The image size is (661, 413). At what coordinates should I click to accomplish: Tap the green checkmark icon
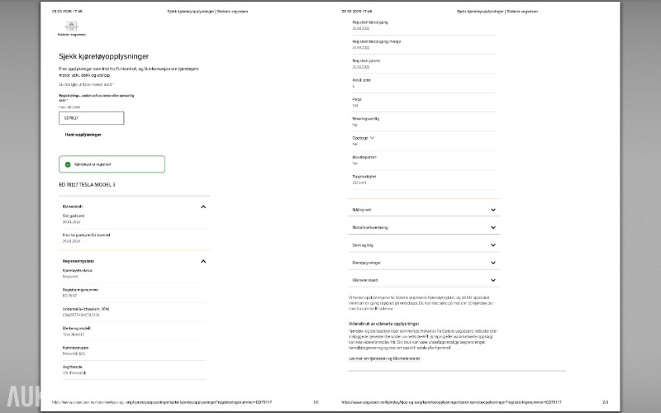pos(68,164)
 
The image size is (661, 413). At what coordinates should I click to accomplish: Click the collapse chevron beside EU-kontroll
pos(203,206)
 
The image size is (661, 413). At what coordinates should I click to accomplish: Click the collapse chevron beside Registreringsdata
pos(203,261)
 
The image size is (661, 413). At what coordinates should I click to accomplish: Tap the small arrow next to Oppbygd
pos(373,138)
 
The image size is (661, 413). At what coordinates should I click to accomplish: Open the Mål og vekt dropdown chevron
pos(493,210)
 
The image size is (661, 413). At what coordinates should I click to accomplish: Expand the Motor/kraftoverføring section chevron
pos(493,227)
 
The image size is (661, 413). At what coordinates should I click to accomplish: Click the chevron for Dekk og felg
pos(493,245)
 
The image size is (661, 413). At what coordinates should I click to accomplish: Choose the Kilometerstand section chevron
pos(493,281)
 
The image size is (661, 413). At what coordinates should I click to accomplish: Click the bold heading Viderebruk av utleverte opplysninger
pos(383,323)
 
